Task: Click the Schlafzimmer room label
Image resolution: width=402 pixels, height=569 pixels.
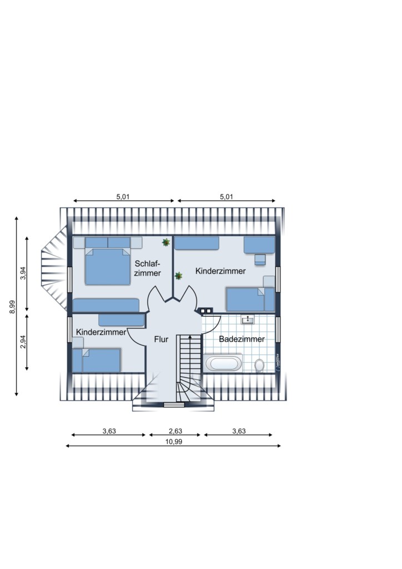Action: click(148, 268)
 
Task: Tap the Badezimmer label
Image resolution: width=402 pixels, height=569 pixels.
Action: click(242, 339)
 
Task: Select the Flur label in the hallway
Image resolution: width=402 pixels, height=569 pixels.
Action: click(162, 340)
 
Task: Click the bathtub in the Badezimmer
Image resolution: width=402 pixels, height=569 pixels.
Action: click(223, 363)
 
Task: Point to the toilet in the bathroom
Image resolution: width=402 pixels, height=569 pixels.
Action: click(259, 365)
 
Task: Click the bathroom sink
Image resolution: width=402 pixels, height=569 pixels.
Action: click(248, 320)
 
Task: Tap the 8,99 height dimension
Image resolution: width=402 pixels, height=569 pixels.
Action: click(12, 307)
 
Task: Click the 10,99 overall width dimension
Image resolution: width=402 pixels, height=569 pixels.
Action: click(174, 442)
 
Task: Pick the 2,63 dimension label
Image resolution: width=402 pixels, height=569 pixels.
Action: click(175, 431)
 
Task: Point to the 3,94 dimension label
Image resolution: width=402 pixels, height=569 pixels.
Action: click(23, 273)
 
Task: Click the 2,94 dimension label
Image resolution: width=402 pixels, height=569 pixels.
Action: click(23, 342)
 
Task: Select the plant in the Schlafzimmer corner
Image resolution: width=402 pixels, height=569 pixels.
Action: click(166, 242)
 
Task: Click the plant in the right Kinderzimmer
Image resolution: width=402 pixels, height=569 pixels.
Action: click(178, 276)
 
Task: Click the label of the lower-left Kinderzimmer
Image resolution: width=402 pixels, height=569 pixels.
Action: click(101, 332)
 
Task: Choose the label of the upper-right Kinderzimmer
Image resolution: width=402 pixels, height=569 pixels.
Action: click(220, 271)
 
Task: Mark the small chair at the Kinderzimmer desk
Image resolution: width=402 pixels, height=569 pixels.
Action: click(259, 260)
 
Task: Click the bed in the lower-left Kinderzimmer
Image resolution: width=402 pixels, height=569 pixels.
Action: click(97, 360)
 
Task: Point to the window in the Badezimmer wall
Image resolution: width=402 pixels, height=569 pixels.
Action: click(278, 330)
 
